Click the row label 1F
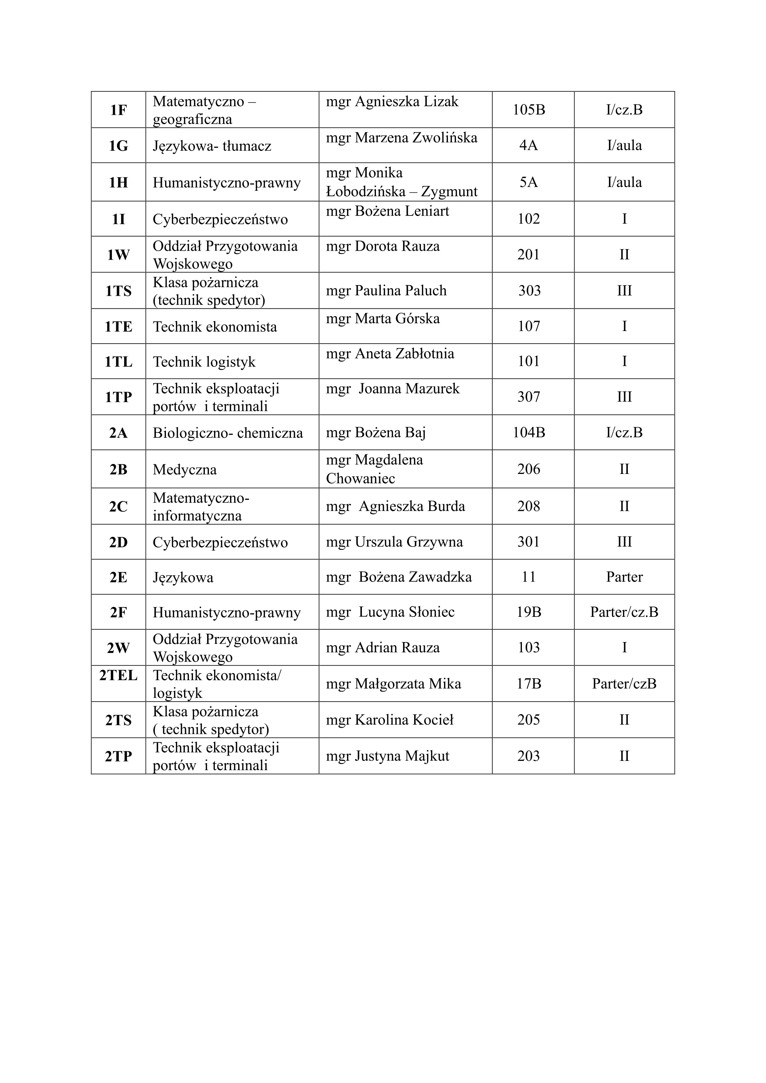coord(119,110)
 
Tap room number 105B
coord(529,110)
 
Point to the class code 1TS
coord(119,291)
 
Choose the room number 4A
coord(529,145)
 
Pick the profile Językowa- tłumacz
coord(212,146)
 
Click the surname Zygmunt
coord(449,191)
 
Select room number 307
coord(529,397)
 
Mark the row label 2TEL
coord(119,675)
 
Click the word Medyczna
coord(184,470)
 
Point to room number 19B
coord(529,612)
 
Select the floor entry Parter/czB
coord(624,684)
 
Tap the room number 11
coord(529,577)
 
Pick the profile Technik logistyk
coord(204,362)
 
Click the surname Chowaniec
coord(360,479)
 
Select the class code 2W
coord(119,648)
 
